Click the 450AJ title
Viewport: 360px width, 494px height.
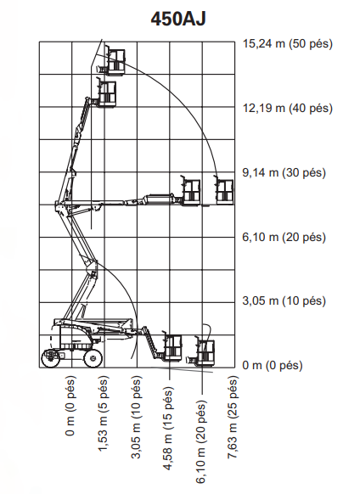pos(178,19)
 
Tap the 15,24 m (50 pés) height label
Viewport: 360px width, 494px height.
pos(288,43)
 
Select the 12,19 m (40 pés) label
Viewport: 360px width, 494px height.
pos(288,108)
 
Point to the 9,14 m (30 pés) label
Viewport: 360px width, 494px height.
pos(284,172)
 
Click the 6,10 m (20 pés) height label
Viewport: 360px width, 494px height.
pos(284,237)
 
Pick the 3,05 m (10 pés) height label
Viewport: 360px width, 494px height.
pos(284,300)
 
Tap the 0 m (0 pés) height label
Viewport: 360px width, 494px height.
pos(273,366)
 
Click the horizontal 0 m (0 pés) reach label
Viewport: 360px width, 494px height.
pos(71,406)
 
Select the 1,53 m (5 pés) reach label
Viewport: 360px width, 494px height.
pos(104,413)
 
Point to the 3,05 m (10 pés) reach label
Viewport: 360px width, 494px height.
pos(136,417)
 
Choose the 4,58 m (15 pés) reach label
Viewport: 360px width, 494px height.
pos(168,429)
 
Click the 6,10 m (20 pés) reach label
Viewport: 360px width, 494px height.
pos(201,441)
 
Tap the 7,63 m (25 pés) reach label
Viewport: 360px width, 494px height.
pos(233,417)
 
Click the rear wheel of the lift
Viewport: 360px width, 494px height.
pos(51,358)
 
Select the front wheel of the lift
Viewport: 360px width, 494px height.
pos(93,358)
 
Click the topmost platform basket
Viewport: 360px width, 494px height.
pos(115,61)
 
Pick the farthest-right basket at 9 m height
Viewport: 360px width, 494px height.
pos(224,191)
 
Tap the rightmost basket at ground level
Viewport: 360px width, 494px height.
pos(205,352)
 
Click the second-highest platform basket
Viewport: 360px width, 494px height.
pos(105,93)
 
